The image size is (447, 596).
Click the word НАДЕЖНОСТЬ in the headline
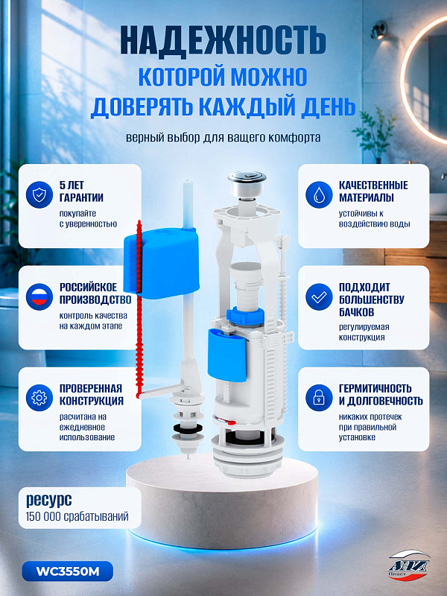pos(223,41)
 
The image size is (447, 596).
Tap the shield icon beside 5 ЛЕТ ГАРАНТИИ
pos(39,194)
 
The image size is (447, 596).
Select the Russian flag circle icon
pos(39,297)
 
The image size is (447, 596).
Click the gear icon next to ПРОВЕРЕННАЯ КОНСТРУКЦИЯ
pos(39,398)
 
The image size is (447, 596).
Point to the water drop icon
pos(319,194)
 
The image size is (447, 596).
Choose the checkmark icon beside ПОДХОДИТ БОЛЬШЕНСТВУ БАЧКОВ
pos(319,297)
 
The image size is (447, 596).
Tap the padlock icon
pos(319,398)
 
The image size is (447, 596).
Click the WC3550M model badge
pos(68,571)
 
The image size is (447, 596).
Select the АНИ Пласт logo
pos(408,565)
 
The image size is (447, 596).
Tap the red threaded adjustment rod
pos(139,308)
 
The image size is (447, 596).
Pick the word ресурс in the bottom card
pos(48,500)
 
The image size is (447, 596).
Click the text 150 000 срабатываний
pos(77,516)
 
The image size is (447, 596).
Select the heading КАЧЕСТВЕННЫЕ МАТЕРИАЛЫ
pos(373,191)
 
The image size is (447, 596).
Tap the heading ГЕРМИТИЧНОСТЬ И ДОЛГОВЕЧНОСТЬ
pos(381,395)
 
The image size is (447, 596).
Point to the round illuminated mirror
pos(423,80)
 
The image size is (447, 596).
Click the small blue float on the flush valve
pos(227,355)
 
